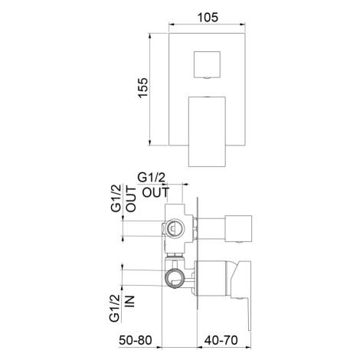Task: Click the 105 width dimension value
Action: click(x=208, y=18)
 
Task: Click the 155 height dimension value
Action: click(x=143, y=87)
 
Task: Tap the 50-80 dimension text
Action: click(x=136, y=340)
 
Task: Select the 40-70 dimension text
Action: click(x=221, y=340)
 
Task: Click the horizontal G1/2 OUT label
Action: click(x=154, y=185)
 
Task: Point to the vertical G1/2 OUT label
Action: click(x=123, y=198)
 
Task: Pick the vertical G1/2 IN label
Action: click(x=122, y=308)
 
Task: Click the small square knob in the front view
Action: click(x=207, y=64)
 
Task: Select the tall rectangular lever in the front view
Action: click(x=207, y=132)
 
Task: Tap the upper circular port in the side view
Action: click(x=175, y=227)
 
